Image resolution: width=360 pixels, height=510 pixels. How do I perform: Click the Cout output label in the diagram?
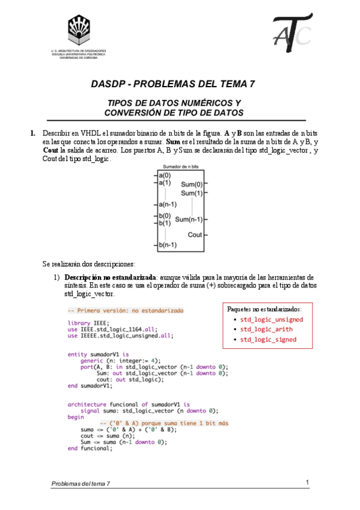click(x=195, y=235)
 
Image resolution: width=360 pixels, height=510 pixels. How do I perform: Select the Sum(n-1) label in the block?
click(x=188, y=220)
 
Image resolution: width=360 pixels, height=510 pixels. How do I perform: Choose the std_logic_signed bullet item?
click(x=268, y=339)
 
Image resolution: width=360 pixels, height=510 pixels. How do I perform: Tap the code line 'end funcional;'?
click(x=90, y=448)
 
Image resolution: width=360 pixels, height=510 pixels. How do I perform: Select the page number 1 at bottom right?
click(x=307, y=482)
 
